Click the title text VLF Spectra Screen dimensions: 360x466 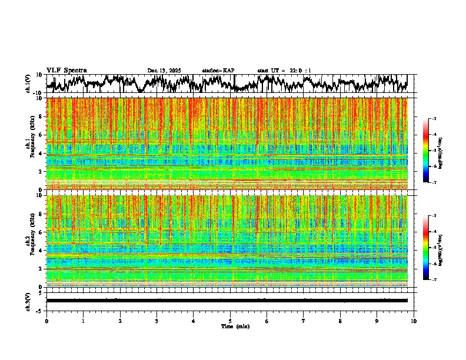pyautogui.click(x=66, y=71)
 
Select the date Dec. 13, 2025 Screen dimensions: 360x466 pyautogui.click(x=164, y=71)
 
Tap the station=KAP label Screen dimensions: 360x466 pyautogui.click(x=218, y=71)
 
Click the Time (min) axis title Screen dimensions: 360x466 pyautogui.click(x=235, y=326)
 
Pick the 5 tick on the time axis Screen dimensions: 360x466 pyautogui.click(x=230, y=321)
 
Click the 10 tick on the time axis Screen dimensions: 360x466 pyautogui.click(x=414, y=321)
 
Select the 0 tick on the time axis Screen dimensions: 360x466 pyautogui.click(x=46, y=321)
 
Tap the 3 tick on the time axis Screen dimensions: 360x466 pyautogui.click(x=157, y=321)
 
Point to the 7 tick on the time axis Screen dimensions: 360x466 pyautogui.click(x=304, y=321)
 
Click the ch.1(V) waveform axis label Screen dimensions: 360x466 pyautogui.click(x=28, y=84)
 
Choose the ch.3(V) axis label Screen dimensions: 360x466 pyautogui.click(x=28, y=300)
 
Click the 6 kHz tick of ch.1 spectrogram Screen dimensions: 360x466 pyautogui.click(x=42, y=135)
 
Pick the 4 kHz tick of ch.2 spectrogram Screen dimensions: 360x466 pyautogui.click(x=42, y=251)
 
